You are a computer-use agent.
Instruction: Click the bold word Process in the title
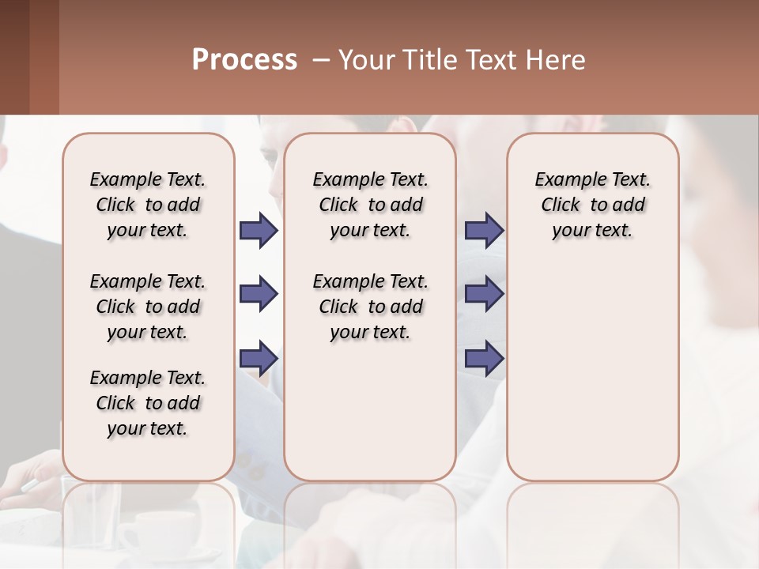(x=244, y=60)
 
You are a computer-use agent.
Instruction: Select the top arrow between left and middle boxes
(x=259, y=231)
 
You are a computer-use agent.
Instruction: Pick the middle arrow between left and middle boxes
(x=259, y=295)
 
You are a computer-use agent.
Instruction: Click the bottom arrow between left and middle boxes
(x=259, y=358)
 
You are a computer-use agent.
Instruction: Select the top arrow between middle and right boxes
(x=484, y=231)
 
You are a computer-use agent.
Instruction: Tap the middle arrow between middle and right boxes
(x=484, y=295)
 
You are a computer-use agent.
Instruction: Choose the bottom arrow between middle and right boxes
(x=484, y=358)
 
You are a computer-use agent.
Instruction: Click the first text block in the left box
(x=148, y=205)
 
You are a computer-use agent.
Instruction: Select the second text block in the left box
(x=148, y=307)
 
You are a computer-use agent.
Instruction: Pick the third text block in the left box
(x=148, y=403)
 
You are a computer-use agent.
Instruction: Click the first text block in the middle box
(x=371, y=205)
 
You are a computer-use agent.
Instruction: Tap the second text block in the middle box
(x=371, y=307)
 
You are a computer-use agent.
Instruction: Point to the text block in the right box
(x=592, y=205)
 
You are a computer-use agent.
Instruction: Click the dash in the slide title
(x=321, y=60)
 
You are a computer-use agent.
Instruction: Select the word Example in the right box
(x=564, y=180)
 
